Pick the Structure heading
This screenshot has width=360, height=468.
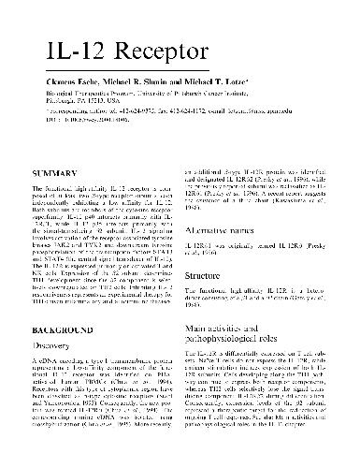click(x=209, y=278)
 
